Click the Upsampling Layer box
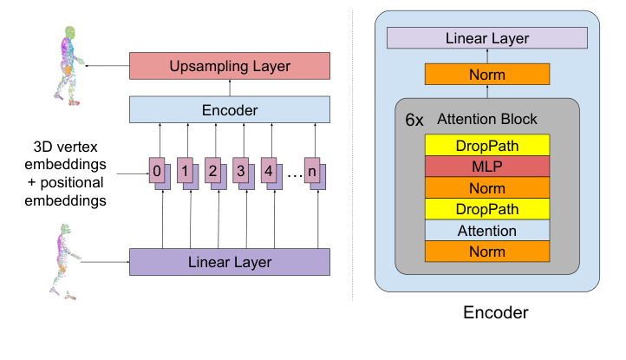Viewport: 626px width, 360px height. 230,66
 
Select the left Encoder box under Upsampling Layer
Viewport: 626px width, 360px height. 230,109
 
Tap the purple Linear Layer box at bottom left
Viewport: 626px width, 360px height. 230,261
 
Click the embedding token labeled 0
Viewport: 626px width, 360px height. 157,171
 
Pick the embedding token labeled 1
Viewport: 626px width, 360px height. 185,171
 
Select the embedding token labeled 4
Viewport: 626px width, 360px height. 269,171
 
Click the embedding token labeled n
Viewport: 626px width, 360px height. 313,171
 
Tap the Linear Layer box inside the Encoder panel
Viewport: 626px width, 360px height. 486,38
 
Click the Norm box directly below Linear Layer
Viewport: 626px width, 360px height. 486,75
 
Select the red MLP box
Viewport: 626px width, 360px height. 486,166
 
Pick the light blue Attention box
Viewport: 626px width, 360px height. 486,231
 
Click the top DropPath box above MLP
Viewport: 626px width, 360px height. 486,144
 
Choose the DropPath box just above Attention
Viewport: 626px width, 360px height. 486,209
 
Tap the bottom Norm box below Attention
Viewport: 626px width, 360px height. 486,252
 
